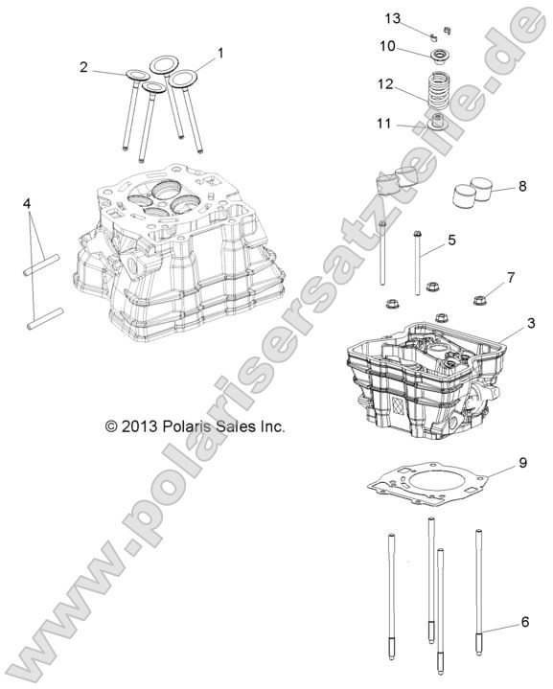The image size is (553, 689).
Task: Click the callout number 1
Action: click(220, 53)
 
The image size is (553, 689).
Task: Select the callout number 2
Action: click(84, 66)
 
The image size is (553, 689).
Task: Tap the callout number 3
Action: click(530, 325)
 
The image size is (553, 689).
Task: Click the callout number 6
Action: click(524, 622)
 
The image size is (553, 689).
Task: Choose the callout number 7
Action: click(511, 277)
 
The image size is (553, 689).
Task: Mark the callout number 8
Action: click(521, 186)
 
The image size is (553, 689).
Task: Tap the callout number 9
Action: click(523, 463)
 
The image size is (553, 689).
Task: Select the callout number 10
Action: click(387, 45)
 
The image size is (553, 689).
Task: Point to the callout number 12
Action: click(385, 84)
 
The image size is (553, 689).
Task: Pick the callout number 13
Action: click(391, 18)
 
